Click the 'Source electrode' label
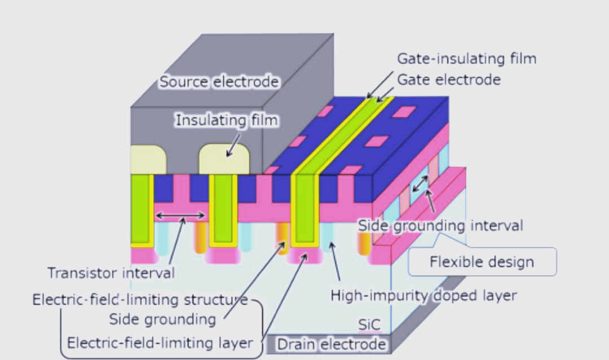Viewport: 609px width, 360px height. click(219, 82)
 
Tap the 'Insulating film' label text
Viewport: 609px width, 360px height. click(227, 120)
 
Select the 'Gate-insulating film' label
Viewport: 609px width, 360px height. click(466, 59)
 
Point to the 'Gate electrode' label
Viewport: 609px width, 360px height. click(449, 80)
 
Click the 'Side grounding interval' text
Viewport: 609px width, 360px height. click(440, 226)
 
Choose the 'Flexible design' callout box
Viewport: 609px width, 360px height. click(482, 262)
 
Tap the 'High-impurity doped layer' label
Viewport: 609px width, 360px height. click(423, 295)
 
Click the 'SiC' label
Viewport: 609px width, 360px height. click(369, 324)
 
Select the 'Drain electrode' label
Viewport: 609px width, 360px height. click(332, 344)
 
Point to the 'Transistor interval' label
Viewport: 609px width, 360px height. click(111, 273)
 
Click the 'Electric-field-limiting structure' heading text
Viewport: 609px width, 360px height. click(140, 300)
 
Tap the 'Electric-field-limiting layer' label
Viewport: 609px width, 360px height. click(160, 343)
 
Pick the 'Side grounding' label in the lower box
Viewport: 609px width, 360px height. click(162, 319)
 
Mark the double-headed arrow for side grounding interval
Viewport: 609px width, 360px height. click(420, 183)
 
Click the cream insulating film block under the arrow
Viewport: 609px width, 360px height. click(224, 159)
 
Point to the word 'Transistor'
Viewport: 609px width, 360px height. click(82, 273)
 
